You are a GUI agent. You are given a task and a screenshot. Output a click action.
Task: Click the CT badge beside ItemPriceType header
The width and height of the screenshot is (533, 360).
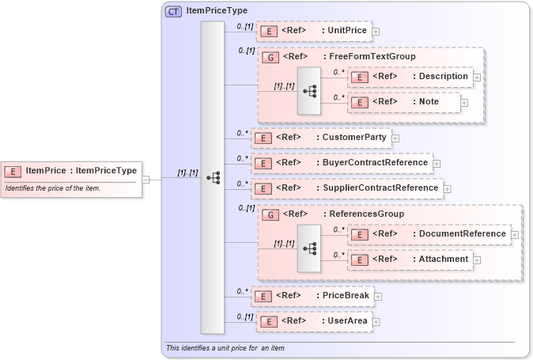coord(173,11)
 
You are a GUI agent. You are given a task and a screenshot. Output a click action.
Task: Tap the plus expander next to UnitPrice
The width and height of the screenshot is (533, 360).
coord(376,32)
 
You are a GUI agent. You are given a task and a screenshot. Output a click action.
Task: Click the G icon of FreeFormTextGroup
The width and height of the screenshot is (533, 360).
coord(270,57)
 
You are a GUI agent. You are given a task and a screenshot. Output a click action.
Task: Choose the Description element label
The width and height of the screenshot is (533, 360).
coord(443,77)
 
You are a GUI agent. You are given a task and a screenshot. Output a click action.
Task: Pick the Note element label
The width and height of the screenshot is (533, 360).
coord(429,102)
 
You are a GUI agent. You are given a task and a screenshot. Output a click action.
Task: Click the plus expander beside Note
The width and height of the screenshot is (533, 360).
coord(464,102)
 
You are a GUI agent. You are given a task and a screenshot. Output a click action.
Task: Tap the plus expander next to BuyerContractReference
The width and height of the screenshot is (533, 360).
coord(437,163)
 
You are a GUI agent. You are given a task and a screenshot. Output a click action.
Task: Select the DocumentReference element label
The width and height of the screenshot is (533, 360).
coord(462,234)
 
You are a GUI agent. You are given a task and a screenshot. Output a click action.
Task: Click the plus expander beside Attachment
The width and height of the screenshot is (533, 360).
coord(477,260)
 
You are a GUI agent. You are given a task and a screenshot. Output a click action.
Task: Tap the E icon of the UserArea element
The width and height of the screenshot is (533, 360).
coord(270,321)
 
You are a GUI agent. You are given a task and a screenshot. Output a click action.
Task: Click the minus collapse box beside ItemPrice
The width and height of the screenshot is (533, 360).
coord(146,179)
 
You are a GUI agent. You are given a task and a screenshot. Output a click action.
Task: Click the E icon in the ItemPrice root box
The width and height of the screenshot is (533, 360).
coord(13,171)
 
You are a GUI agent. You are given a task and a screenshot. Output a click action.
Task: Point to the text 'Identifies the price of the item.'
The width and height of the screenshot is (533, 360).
coord(52,188)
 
